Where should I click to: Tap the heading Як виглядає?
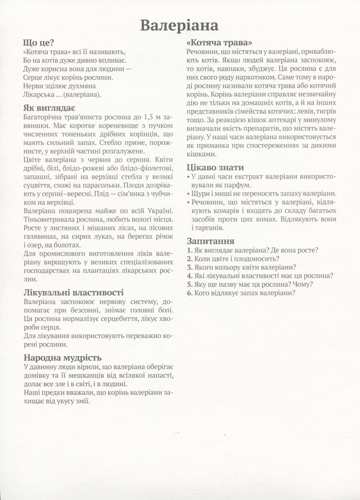(x=49, y=107)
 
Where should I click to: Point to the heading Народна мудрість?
(x=62, y=357)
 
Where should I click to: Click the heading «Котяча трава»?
(x=218, y=42)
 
